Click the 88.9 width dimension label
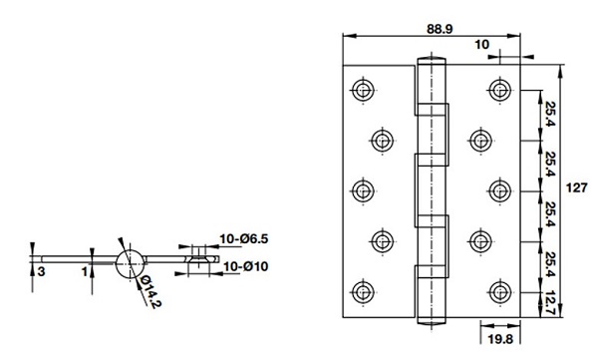[440, 29]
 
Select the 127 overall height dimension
[576, 187]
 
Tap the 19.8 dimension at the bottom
[500, 339]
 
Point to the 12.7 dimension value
[550, 303]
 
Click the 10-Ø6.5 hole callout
[243, 239]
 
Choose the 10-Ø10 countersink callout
[245, 266]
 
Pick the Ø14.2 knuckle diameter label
[150, 292]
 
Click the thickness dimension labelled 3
[41, 272]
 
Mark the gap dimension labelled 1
[85, 272]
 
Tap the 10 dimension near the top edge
[481, 45]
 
